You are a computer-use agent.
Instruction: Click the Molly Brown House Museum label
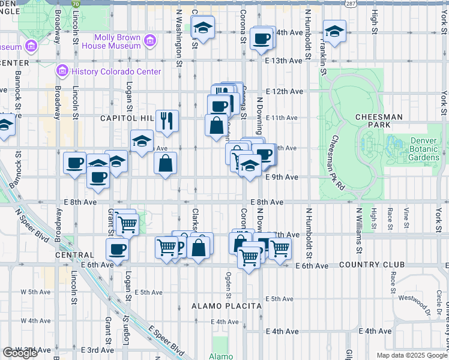(x=112, y=41)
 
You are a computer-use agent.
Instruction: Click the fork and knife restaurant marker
(x=167, y=121)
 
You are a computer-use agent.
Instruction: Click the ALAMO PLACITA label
(x=226, y=306)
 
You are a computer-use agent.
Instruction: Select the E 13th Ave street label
(x=284, y=61)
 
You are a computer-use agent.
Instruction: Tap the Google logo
(x=20, y=353)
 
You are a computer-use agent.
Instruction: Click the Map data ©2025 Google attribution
(x=411, y=355)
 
